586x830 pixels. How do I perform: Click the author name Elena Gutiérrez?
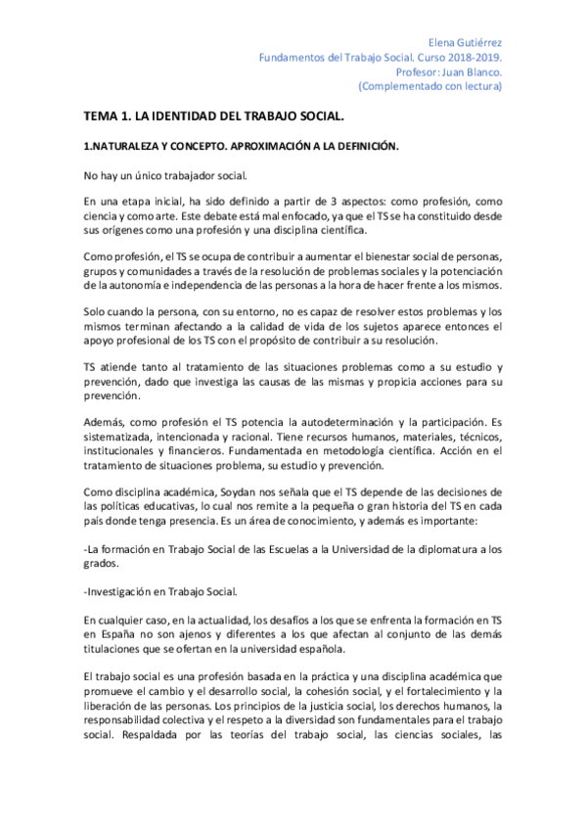pyautogui.click(x=467, y=44)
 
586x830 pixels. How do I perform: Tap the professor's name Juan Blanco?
pyautogui.click(x=473, y=71)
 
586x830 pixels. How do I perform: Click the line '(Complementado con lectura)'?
pyautogui.click(x=430, y=85)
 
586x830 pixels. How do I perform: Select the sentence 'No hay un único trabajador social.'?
pyautogui.click(x=152, y=175)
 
